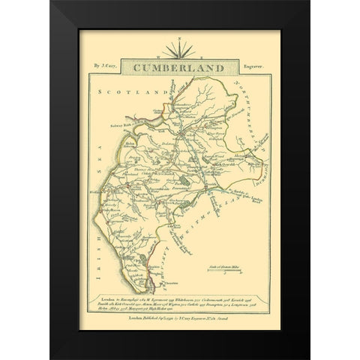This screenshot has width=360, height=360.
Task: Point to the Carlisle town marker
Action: [x=177, y=126]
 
